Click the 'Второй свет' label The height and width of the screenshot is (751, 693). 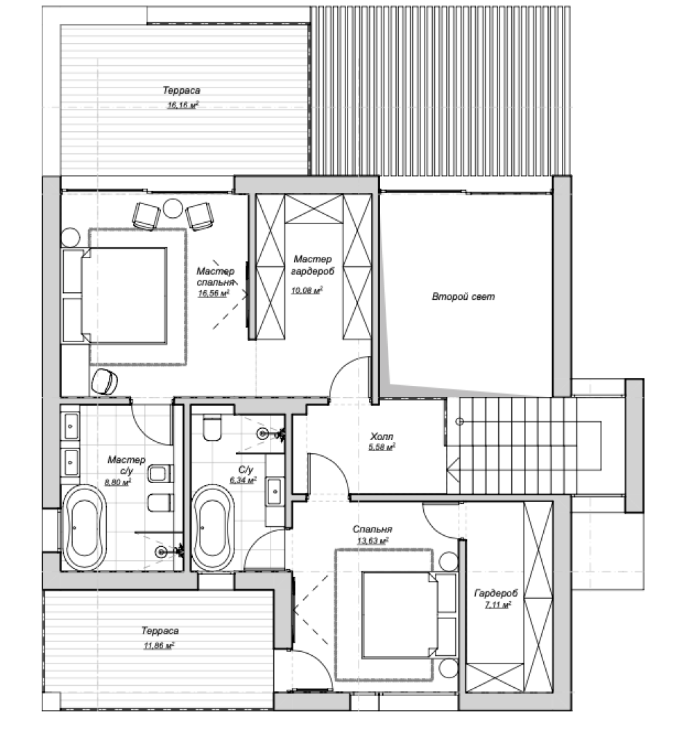click(463, 296)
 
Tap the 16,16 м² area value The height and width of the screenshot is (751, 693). click(182, 105)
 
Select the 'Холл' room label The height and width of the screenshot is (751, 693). click(382, 437)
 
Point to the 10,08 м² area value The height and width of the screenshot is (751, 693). click(307, 289)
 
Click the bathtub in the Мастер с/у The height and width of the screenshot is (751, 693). click(84, 528)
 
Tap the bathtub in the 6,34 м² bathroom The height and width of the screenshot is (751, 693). click(214, 528)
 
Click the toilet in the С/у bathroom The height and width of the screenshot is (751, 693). click(212, 428)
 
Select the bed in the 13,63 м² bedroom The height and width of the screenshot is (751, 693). click(400, 614)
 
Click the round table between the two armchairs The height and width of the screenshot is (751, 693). click(172, 208)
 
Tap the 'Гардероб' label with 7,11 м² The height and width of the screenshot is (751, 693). click(496, 593)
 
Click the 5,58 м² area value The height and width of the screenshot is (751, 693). click(381, 447)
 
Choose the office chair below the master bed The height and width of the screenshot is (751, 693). click(105, 381)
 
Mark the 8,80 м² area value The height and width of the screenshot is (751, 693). click(118, 482)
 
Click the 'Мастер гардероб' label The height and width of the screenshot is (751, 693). click(313, 265)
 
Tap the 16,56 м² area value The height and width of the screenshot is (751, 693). click(214, 293)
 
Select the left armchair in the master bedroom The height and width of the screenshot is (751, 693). click(146, 216)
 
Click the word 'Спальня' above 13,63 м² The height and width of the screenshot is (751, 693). click(373, 530)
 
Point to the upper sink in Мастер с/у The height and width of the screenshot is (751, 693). click(71, 425)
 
